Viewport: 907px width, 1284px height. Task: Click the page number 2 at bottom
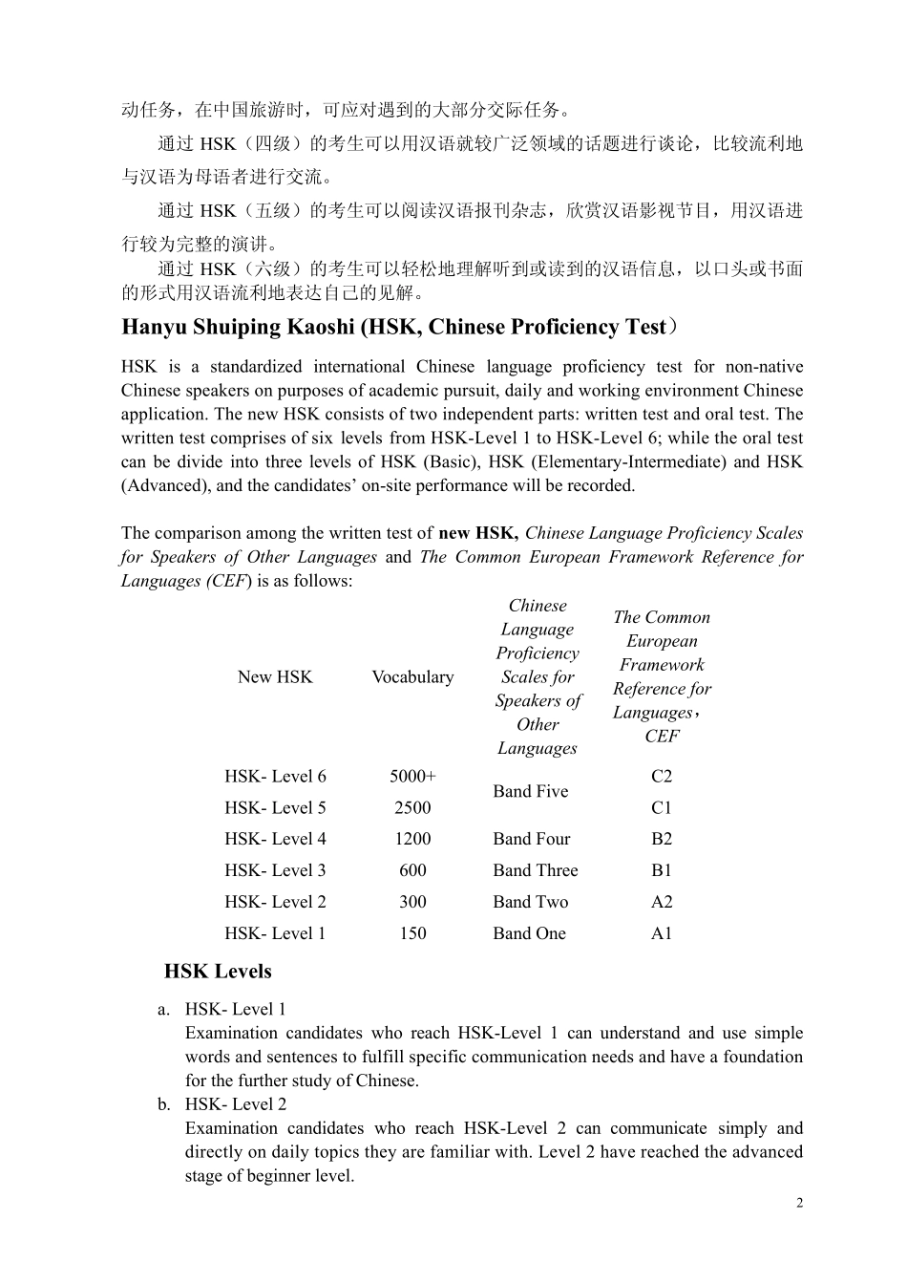click(799, 1203)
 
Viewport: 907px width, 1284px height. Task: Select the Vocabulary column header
click(412, 676)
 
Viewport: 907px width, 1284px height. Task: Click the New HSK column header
click(275, 676)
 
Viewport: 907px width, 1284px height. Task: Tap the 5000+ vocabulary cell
click(412, 776)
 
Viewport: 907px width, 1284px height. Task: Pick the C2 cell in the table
click(662, 776)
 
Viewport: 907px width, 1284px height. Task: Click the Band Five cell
click(530, 791)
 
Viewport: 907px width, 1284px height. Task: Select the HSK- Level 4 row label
click(275, 839)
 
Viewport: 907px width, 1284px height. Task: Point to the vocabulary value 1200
click(412, 839)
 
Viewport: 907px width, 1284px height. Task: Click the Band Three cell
click(535, 870)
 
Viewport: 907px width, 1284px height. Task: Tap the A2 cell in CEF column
click(662, 902)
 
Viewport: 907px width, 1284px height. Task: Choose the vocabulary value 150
click(412, 933)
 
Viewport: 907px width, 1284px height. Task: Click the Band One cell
click(529, 933)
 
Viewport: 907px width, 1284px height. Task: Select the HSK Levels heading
click(218, 971)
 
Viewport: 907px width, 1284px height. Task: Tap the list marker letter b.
click(164, 1104)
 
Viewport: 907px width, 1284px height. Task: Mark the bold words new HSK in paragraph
click(477, 533)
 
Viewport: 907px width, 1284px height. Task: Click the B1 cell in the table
click(662, 870)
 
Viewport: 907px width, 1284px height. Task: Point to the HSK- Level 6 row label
click(275, 776)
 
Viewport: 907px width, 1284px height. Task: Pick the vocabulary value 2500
click(412, 807)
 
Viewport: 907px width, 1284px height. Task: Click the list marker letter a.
click(164, 1009)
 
